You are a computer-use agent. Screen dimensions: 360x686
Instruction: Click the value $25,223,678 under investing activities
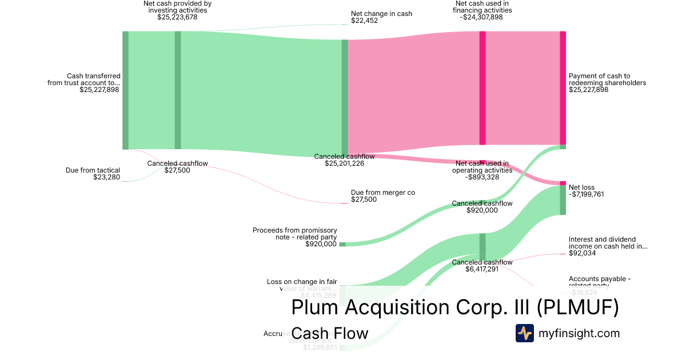click(177, 17)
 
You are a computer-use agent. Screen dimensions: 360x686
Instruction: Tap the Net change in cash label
click(381, 14)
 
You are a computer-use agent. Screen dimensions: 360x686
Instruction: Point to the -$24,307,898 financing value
click(482, 17)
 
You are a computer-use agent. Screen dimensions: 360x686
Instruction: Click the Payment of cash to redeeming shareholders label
click(607, 79)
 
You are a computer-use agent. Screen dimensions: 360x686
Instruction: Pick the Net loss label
click(581, 187)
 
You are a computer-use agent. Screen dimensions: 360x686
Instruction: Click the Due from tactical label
click(93, 170)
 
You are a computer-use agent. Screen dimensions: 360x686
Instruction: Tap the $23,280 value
click(106, 177)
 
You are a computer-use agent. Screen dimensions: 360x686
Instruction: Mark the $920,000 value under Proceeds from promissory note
click(321, 244)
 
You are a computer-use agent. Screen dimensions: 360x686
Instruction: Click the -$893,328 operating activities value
click(482, 177)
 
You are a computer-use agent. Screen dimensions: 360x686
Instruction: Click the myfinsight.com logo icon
click(524, 333)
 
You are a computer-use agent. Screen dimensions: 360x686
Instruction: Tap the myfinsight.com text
click(579, 333)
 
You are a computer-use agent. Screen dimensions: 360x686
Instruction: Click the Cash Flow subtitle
click(329, 333)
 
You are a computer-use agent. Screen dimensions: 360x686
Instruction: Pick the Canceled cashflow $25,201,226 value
click(344, 163)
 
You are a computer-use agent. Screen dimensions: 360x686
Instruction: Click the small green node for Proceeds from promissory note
click(342, 244)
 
